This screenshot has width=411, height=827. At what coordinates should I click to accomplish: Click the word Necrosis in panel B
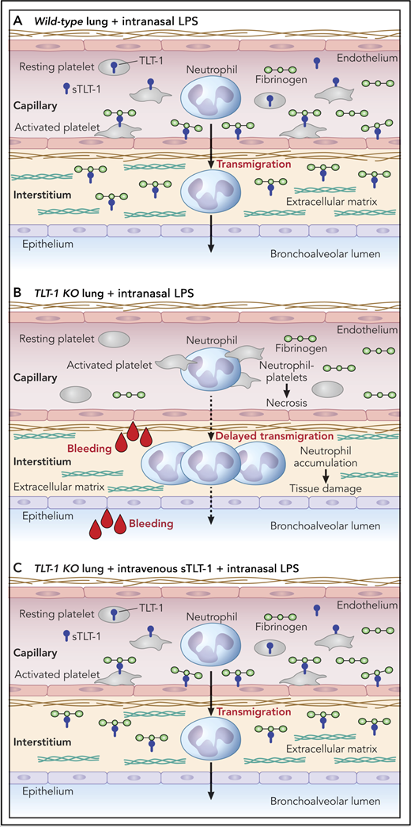point(288,402)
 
